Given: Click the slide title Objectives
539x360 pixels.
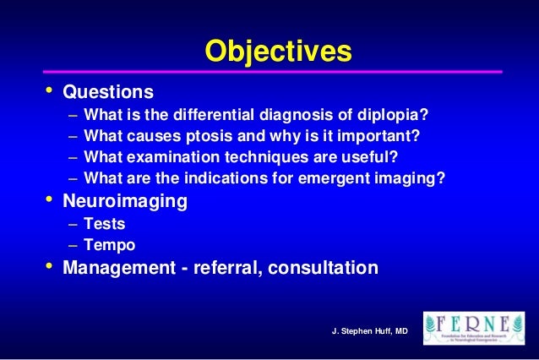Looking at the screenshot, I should (x=278, y=52).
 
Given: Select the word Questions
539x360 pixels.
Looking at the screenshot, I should (x=109, y=90).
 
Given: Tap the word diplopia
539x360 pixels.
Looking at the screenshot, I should (x=395, y=114).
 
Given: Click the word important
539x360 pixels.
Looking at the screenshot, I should (x=378, y=136).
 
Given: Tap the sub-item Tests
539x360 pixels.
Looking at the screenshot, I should (x=105, y=226).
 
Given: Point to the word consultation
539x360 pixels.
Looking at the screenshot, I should (x=322, y=270).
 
